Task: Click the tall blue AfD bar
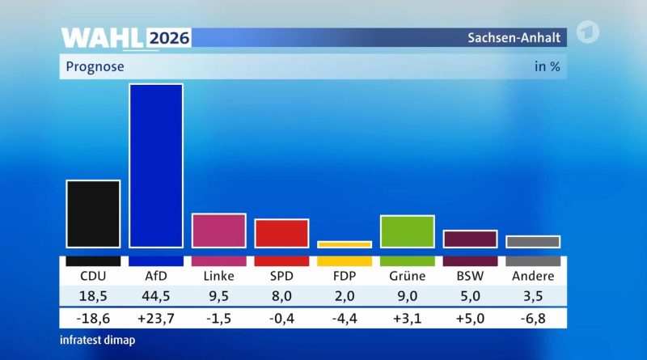156,166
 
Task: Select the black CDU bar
93,214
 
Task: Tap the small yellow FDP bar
345,244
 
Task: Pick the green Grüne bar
408,231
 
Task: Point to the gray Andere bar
533,242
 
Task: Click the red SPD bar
281,233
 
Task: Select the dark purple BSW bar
471,239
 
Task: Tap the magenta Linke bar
218,231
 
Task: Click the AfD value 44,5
156,296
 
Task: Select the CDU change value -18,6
93,318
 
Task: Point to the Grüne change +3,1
408,318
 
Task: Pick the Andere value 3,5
533,296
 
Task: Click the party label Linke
218,276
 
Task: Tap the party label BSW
471,276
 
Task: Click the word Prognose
95,67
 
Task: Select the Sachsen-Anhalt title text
514,37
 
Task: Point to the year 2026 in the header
169,38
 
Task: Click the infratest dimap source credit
97,341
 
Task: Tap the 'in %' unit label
548,66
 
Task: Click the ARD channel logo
588,32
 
